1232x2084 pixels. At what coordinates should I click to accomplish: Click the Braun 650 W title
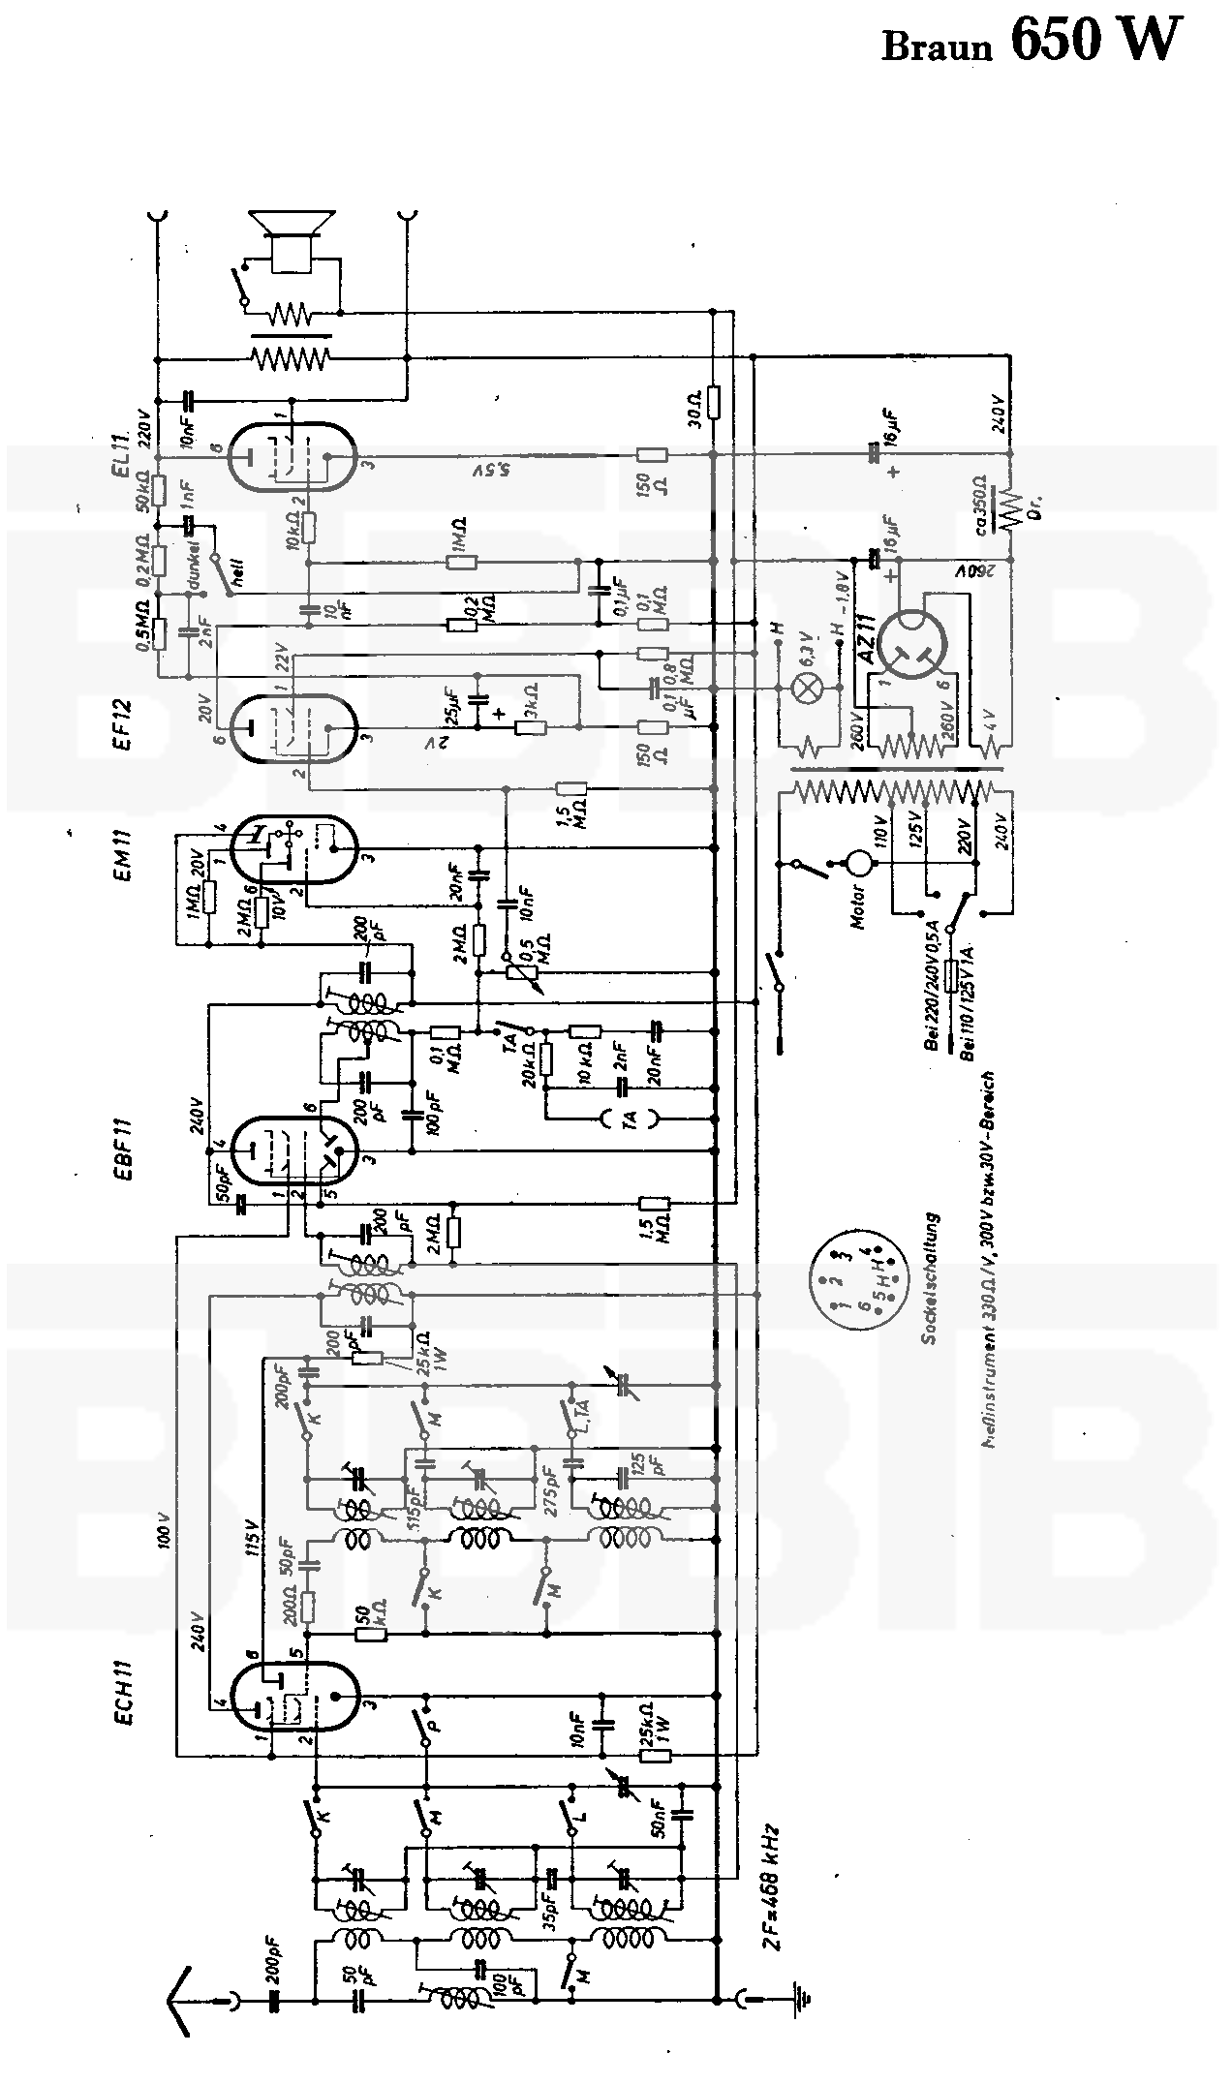[1032, 44]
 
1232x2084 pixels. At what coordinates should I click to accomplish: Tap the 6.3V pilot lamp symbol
[808, 689]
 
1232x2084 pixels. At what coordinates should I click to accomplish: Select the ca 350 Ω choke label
[982, 505]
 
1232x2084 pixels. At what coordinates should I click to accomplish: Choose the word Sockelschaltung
[931, 1278]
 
